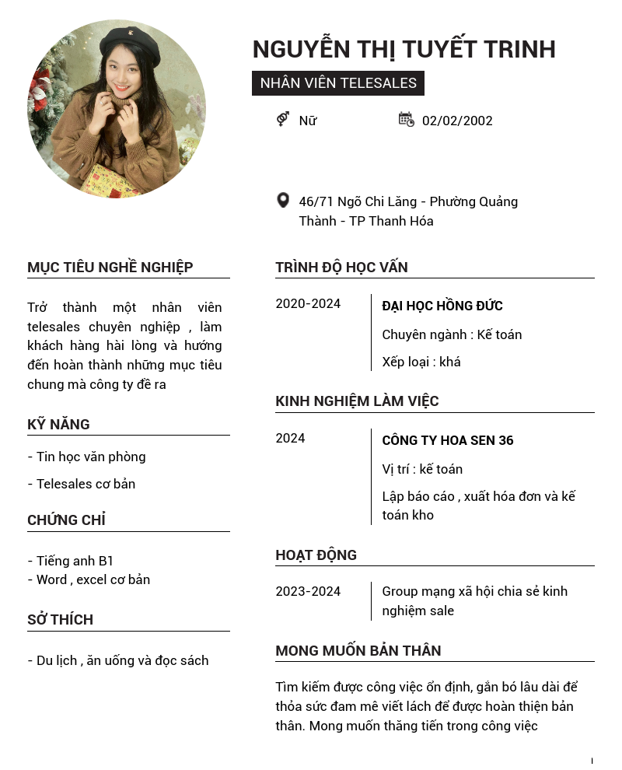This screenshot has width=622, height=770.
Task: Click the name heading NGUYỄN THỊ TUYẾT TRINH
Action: point(404,49)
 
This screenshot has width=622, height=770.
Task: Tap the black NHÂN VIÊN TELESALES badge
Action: point(338,83)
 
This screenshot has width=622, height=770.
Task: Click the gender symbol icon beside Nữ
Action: point(283,119)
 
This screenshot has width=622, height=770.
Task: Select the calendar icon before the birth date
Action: point(406,119)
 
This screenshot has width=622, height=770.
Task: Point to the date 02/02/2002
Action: point(457,121)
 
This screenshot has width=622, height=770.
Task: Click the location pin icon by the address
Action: point(283,201)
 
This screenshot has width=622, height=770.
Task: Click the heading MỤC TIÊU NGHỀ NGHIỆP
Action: point(110,268)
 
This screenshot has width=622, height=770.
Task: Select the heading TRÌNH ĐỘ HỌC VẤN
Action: point(341,268)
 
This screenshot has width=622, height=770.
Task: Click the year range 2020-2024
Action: point(308,303)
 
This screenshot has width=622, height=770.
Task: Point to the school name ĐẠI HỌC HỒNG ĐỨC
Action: point(442,306)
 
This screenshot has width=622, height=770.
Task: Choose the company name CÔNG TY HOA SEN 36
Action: point(448,440)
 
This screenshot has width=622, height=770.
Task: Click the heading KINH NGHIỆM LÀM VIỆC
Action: point(357,401)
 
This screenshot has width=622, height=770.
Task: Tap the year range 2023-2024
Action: point(308,591)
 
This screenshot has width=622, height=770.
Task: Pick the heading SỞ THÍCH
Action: point(60,620)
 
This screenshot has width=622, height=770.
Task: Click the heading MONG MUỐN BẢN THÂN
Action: point(358,651)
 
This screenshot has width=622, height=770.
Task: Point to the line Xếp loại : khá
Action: point(421,362)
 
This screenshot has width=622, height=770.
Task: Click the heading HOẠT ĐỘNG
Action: point(316,555)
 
